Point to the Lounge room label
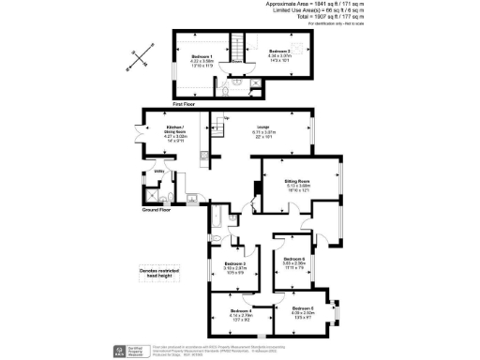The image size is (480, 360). click(263, 128)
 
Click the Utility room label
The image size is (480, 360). click(158, 173)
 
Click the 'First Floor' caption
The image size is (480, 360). click(184, 106)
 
